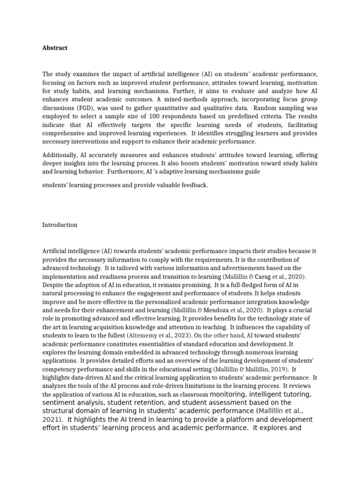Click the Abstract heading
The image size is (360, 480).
[55, 48]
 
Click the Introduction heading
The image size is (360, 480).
[60, 225]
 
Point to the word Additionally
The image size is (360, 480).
[61, 155]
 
